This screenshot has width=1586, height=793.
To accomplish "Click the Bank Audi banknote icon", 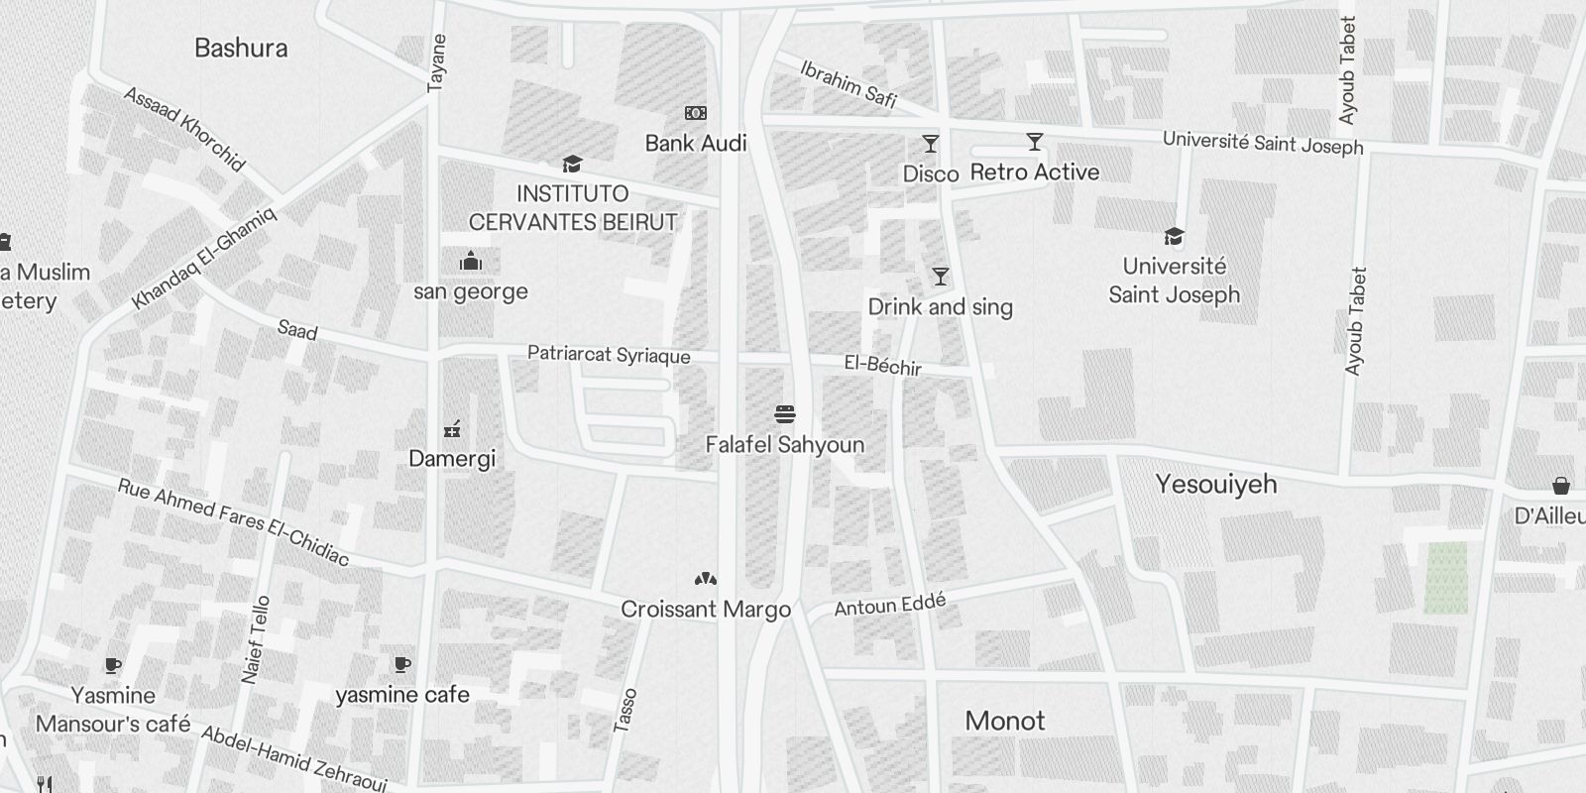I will (696, 113).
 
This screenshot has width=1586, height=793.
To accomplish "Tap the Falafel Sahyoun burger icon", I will (785, 414).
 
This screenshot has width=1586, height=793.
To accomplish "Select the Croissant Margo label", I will (706, 609).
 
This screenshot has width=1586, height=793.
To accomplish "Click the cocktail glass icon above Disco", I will (930, 144).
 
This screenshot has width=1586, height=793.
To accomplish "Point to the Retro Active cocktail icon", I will (1035, 142).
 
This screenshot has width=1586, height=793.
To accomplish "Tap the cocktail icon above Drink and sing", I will (940, 277).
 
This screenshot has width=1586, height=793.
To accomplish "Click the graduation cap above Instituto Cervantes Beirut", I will (572, 164).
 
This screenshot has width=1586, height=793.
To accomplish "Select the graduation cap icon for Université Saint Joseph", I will (1174, 236).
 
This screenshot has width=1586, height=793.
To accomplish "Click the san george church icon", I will (470, 262).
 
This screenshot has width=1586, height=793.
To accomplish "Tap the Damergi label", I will (452, 459).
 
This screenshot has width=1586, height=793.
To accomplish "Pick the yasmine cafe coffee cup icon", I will (401, 664).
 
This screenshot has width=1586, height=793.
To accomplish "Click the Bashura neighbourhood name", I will (241, 48).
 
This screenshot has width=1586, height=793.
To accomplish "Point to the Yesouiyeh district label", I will (1216, 484).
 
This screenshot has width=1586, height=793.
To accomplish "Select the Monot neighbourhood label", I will (1005, 721).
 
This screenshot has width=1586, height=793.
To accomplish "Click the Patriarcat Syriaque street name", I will (609, 355).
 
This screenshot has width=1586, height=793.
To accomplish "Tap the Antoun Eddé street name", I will (890, 605).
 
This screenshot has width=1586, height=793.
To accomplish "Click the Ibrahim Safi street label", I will (849, 84).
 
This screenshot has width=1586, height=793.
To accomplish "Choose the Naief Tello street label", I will (256, 639).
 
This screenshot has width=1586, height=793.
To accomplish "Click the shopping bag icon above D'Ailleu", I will (1561, 485).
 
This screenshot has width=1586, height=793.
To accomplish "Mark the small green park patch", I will (1445, 578).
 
